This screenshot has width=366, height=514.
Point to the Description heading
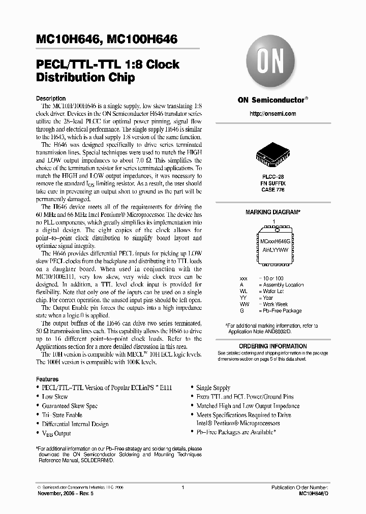coord(51,99)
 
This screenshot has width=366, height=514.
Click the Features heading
coord(47,379)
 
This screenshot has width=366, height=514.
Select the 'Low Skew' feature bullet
coord(55,397)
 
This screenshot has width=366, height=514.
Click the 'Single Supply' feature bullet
coord(213,388)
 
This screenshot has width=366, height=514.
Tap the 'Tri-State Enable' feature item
coord(62,415)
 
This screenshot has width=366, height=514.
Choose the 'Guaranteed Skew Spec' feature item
coord(70,406)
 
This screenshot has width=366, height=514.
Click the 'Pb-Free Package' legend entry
coord(282,311)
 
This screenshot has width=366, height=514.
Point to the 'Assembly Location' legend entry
coord(283,285)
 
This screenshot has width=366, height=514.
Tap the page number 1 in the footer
coord(182,487)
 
